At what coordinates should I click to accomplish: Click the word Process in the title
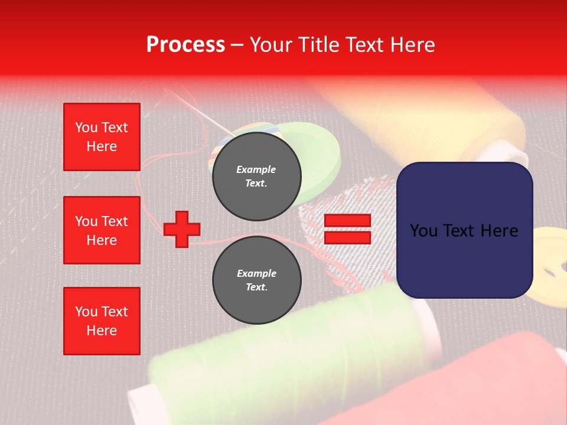tap(185, 45)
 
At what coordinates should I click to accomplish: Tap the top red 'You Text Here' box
tap(102, 137)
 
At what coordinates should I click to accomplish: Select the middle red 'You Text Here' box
tap(102, 230)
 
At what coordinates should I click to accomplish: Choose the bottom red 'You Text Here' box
tap(102, 321)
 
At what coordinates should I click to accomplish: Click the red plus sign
tap(182, 229)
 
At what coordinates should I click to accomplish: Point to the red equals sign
tap(347, 229)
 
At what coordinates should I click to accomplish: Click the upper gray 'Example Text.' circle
tap(256, 176)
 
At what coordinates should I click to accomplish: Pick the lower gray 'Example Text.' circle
tap(256, 280)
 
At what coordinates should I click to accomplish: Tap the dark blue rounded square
tap(464, 230)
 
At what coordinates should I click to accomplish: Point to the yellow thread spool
tap(425, 118)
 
